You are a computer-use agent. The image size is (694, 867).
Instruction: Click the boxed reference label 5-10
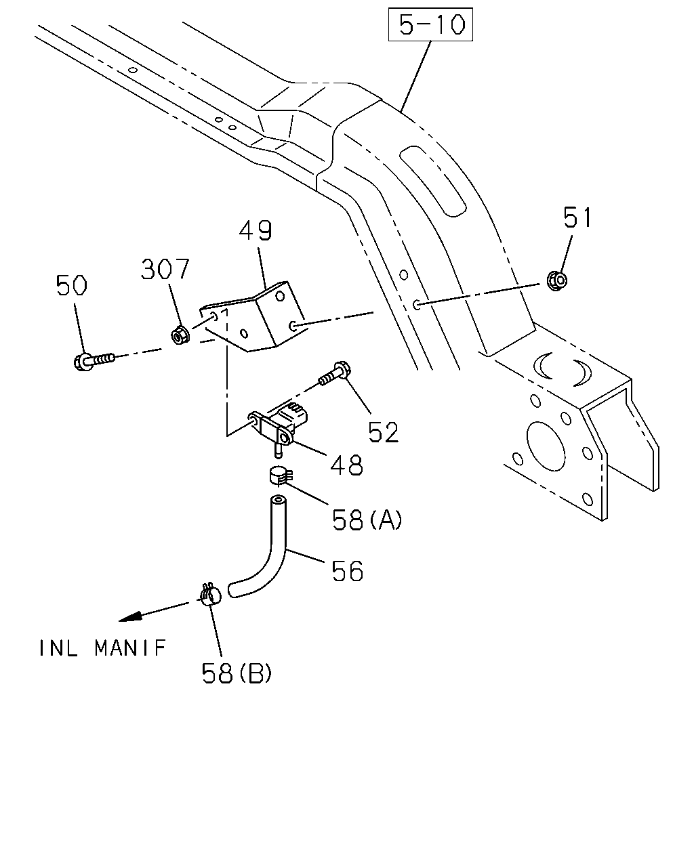tap(430, 24)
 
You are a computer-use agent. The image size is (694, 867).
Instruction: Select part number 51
tap(577, 217)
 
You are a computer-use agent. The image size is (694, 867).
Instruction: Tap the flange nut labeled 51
tap(557, 280)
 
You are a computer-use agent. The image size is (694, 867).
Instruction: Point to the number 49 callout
tap(256, 230)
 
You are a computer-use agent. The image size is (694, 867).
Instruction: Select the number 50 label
tap(71, 285)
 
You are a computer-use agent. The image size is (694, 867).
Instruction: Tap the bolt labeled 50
tap(94, 360)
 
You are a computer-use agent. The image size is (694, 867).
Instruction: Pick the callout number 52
tap(383, 432)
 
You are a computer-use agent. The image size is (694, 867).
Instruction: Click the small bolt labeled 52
tap(335, 373)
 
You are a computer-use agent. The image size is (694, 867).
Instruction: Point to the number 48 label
tap(346, 465)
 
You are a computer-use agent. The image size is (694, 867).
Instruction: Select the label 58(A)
tap(367, 520)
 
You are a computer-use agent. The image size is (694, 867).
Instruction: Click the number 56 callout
tap(347, 571)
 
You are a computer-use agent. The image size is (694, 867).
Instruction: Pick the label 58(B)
tap(237, 673)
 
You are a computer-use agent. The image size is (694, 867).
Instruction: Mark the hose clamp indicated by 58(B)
tap(210, 595)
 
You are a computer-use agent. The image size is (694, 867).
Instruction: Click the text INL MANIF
tap(102, 648)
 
